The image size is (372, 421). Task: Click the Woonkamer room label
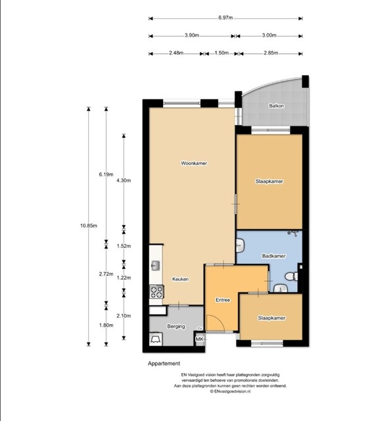pyautogui.click(x=194, y=163)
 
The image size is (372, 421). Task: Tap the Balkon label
pyautogui.click(x=276, y=106)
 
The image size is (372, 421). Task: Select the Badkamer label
pyautogui.click(x=273, y=256)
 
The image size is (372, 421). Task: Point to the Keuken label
pyautogui.click(x=180, y=279)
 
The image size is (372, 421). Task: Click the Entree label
pyautogui.click(x=223, y=300)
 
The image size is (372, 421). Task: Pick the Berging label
pyautogui.click(x=176, y=326)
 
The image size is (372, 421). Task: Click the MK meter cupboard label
pyautogui.click(x=199, y=339)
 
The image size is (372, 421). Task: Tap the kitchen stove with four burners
pyautogui.click(x=156, y=291)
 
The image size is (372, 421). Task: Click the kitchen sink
pyautogui.click(x=155, y=266)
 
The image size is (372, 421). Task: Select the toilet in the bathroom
pyautogui.click(x=291, y=276)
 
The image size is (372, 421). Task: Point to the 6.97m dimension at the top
pyautogui.click(x=225, y=18)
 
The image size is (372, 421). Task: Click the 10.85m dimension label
pyautogui.click(x=89, y=226)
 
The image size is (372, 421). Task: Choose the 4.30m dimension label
pyautogui.click(x=124, y=181)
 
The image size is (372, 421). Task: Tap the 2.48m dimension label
pyautogui.click(x=176, y=53)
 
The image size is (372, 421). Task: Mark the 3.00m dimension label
pyautogui.click(x=269, y=35)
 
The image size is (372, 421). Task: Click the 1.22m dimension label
pyautogui.click(x=124, y=278)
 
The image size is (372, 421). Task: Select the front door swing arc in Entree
pyautogui.click(x=218, y=320)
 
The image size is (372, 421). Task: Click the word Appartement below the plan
pyautogui.click(x=164, y=364)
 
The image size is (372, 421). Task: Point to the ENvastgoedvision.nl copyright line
pyautogui.click(x=230, y=391)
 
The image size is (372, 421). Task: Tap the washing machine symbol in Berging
pyautogui.click(x=156, y=339)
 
